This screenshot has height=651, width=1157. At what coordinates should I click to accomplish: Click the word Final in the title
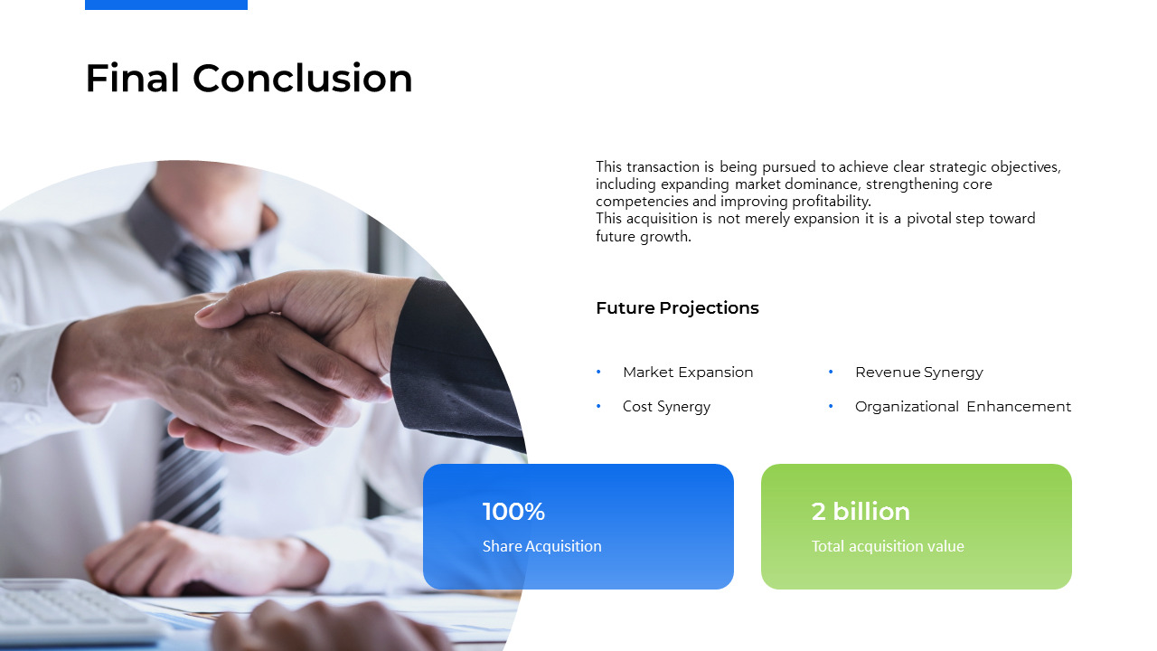tap(132, 79)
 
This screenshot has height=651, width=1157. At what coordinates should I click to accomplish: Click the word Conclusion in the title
tap(303, 79)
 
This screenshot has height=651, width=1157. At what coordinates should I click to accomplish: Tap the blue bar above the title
tap(165, 5)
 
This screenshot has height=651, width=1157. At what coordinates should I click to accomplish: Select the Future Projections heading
tap(677, 308)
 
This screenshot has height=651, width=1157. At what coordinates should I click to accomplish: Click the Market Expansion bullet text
tap(688, 372)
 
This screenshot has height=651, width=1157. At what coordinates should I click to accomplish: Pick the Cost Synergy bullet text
tap(666, 407)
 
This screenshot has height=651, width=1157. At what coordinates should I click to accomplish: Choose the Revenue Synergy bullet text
tap(919, 372)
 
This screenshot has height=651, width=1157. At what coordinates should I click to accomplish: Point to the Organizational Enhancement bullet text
tap(963, 407)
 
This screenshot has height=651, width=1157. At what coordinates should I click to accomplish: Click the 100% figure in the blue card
tap(513, 512)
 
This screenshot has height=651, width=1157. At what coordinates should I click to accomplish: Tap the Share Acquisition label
tap(541, 546)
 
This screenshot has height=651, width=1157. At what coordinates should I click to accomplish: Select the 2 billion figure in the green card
tap(861, 512)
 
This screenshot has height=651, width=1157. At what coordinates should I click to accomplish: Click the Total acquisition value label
tap(888, 546)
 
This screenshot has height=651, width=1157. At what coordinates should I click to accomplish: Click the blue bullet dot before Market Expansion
tap(598, 372)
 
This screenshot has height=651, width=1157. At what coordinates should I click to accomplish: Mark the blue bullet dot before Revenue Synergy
tap(831, 372)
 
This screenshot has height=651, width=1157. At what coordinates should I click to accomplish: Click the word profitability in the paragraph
tap(832, 202)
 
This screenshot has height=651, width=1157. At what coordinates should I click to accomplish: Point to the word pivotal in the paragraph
tap(929, 219)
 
